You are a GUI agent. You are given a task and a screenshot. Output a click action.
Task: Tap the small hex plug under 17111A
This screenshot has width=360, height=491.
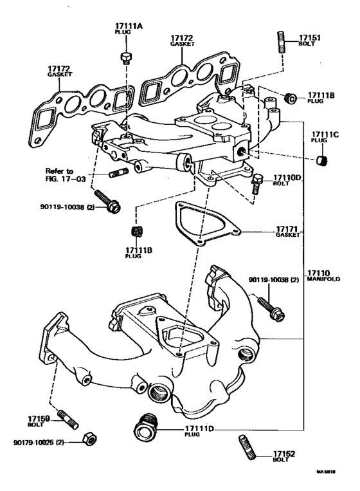(x=125, y=57)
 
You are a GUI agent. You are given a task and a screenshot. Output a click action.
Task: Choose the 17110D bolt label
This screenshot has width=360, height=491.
(x=287, y=177)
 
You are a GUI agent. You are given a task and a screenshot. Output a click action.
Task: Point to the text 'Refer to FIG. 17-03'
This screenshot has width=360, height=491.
(x=62, y=175)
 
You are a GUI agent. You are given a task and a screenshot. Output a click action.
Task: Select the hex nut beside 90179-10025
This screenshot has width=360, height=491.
(x=91, y=440)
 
